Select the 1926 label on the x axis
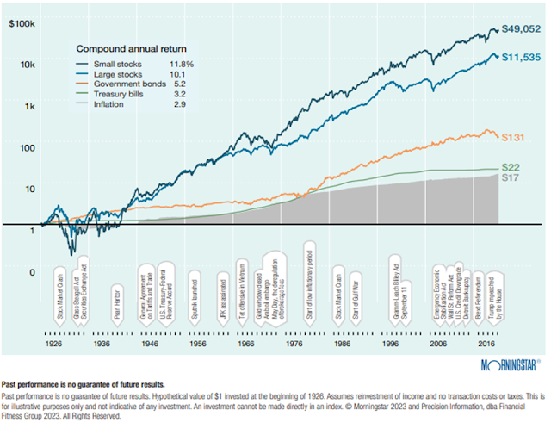click(53, 343)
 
